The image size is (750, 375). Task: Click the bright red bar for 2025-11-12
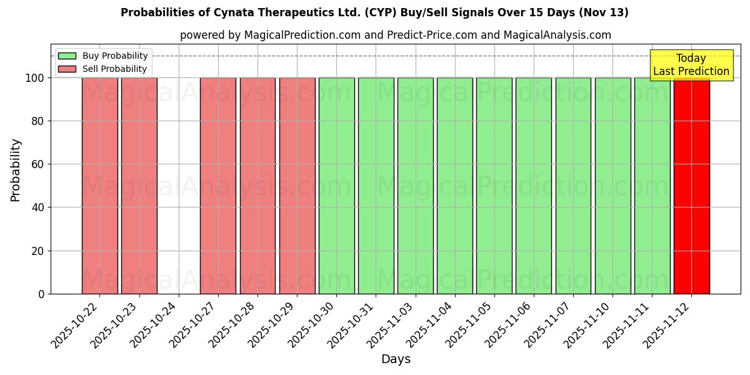tap(691, 186)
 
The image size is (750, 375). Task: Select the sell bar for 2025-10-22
tap(100, 186)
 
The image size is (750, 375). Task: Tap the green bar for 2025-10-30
tap(336, 186)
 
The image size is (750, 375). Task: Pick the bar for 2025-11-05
tap(494, 186)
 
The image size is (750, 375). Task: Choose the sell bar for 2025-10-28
tap(257, 186)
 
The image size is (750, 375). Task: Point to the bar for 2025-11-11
tap(652, 186)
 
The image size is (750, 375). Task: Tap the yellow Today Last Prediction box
tap(691, 65)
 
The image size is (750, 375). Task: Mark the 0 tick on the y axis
tap(41, 294)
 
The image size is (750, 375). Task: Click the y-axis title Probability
tap(16, 170)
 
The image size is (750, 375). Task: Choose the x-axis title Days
tap(396, 359)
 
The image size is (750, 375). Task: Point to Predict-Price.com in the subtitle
tap(432, 35)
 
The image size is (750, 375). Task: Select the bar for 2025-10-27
tap(218, 186)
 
